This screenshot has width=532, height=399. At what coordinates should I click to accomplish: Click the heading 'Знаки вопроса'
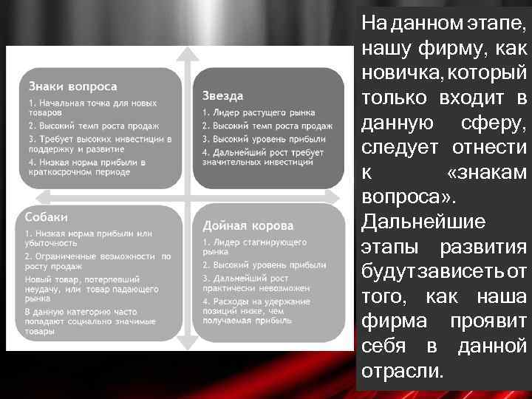point(72,86)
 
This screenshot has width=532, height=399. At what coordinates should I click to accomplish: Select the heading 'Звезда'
point(222,96)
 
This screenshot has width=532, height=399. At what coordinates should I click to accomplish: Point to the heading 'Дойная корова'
point(248,225)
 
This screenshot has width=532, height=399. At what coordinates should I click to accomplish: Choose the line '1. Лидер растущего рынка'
point(259,112)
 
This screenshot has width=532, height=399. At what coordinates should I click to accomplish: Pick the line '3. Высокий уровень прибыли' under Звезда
point(264,138)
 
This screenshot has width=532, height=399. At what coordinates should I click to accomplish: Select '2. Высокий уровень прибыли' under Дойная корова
point(264,264)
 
